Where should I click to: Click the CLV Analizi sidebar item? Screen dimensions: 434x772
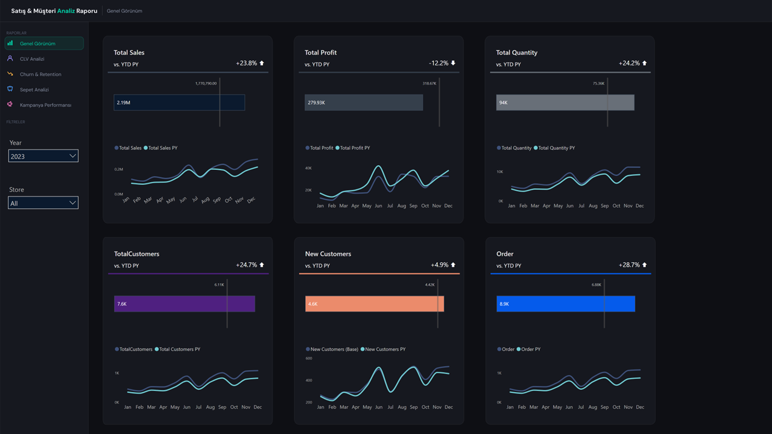click(x=32, y=59)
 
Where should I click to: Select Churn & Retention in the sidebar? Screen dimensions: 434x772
click(x=40, y=74)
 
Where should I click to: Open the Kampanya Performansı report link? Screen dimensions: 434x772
click(x=45, y=105)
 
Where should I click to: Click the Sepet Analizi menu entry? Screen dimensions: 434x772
click(x=34, y=90)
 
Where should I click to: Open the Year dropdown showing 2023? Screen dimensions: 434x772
click(x=43, y=156)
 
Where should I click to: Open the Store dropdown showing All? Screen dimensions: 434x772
click(x=43, y=203)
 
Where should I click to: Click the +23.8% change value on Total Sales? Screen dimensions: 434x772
click(x=247, y=63)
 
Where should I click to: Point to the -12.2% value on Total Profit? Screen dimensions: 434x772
click(x=439, y=63)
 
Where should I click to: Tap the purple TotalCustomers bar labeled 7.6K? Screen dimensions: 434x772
click(x=184, y=304)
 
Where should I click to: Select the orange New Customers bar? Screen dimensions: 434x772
click(x=374, y=304)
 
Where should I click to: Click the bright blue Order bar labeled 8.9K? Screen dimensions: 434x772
click(x=565, y=304)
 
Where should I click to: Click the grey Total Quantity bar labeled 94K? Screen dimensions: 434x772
click(x=565, y=102)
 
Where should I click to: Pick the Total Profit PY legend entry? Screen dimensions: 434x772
click(x=354, y=148)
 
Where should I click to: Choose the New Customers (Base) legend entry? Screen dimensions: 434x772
click(x=334, y=349)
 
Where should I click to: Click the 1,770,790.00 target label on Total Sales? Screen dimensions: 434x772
click(x=206, y=83)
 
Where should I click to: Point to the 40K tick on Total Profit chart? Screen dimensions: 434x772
click(x=308, y=168)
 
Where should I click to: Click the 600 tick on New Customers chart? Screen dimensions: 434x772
click(x=309, y=358)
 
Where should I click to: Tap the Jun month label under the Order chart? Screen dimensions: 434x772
click(x=570, y=407)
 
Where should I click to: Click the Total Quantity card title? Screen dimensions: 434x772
click(x=516, y=52)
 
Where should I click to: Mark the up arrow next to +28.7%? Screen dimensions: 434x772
click(x=645, y=265)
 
